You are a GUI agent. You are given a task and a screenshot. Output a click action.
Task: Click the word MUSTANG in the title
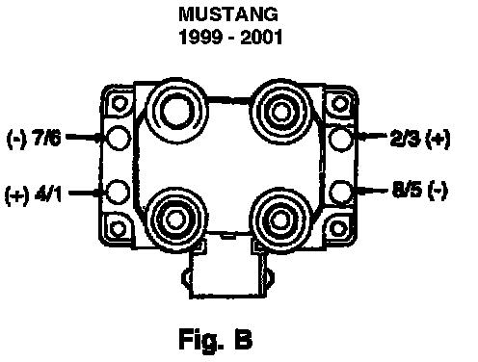[228, 14]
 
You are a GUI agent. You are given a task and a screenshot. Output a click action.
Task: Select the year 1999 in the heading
[200, 37]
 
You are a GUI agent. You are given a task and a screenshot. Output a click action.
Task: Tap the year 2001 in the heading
[261, 37]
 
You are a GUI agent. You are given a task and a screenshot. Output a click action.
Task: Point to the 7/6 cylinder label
[47, 139]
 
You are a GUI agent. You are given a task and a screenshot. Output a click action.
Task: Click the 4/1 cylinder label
[48, 194]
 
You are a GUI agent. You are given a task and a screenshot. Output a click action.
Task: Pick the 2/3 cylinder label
[405, 139]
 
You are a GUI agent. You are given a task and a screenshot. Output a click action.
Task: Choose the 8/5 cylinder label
[407, 190]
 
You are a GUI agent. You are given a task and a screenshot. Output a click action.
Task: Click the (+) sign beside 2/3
[438, 140]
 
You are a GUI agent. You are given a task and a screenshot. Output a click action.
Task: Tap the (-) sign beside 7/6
[16, 140]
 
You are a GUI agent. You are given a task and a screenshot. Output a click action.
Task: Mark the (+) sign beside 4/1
[16, 195]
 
